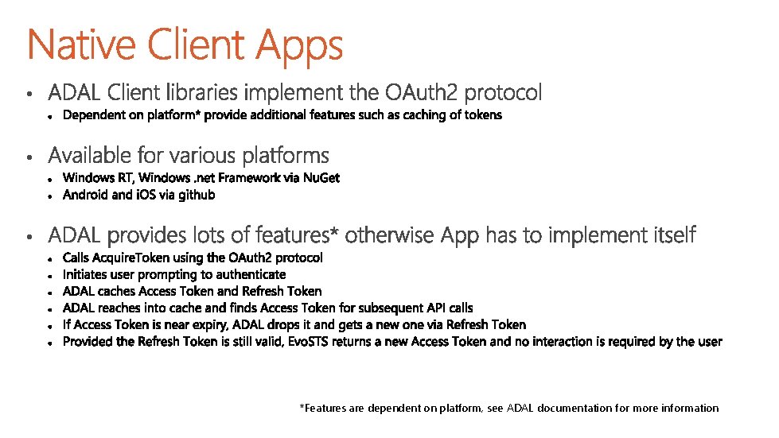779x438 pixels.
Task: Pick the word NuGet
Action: [321, 178]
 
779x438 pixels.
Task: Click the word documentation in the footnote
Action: [575, 408]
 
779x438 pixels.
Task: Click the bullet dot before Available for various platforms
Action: [29, 157]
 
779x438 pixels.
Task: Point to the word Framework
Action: [226, 178]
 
